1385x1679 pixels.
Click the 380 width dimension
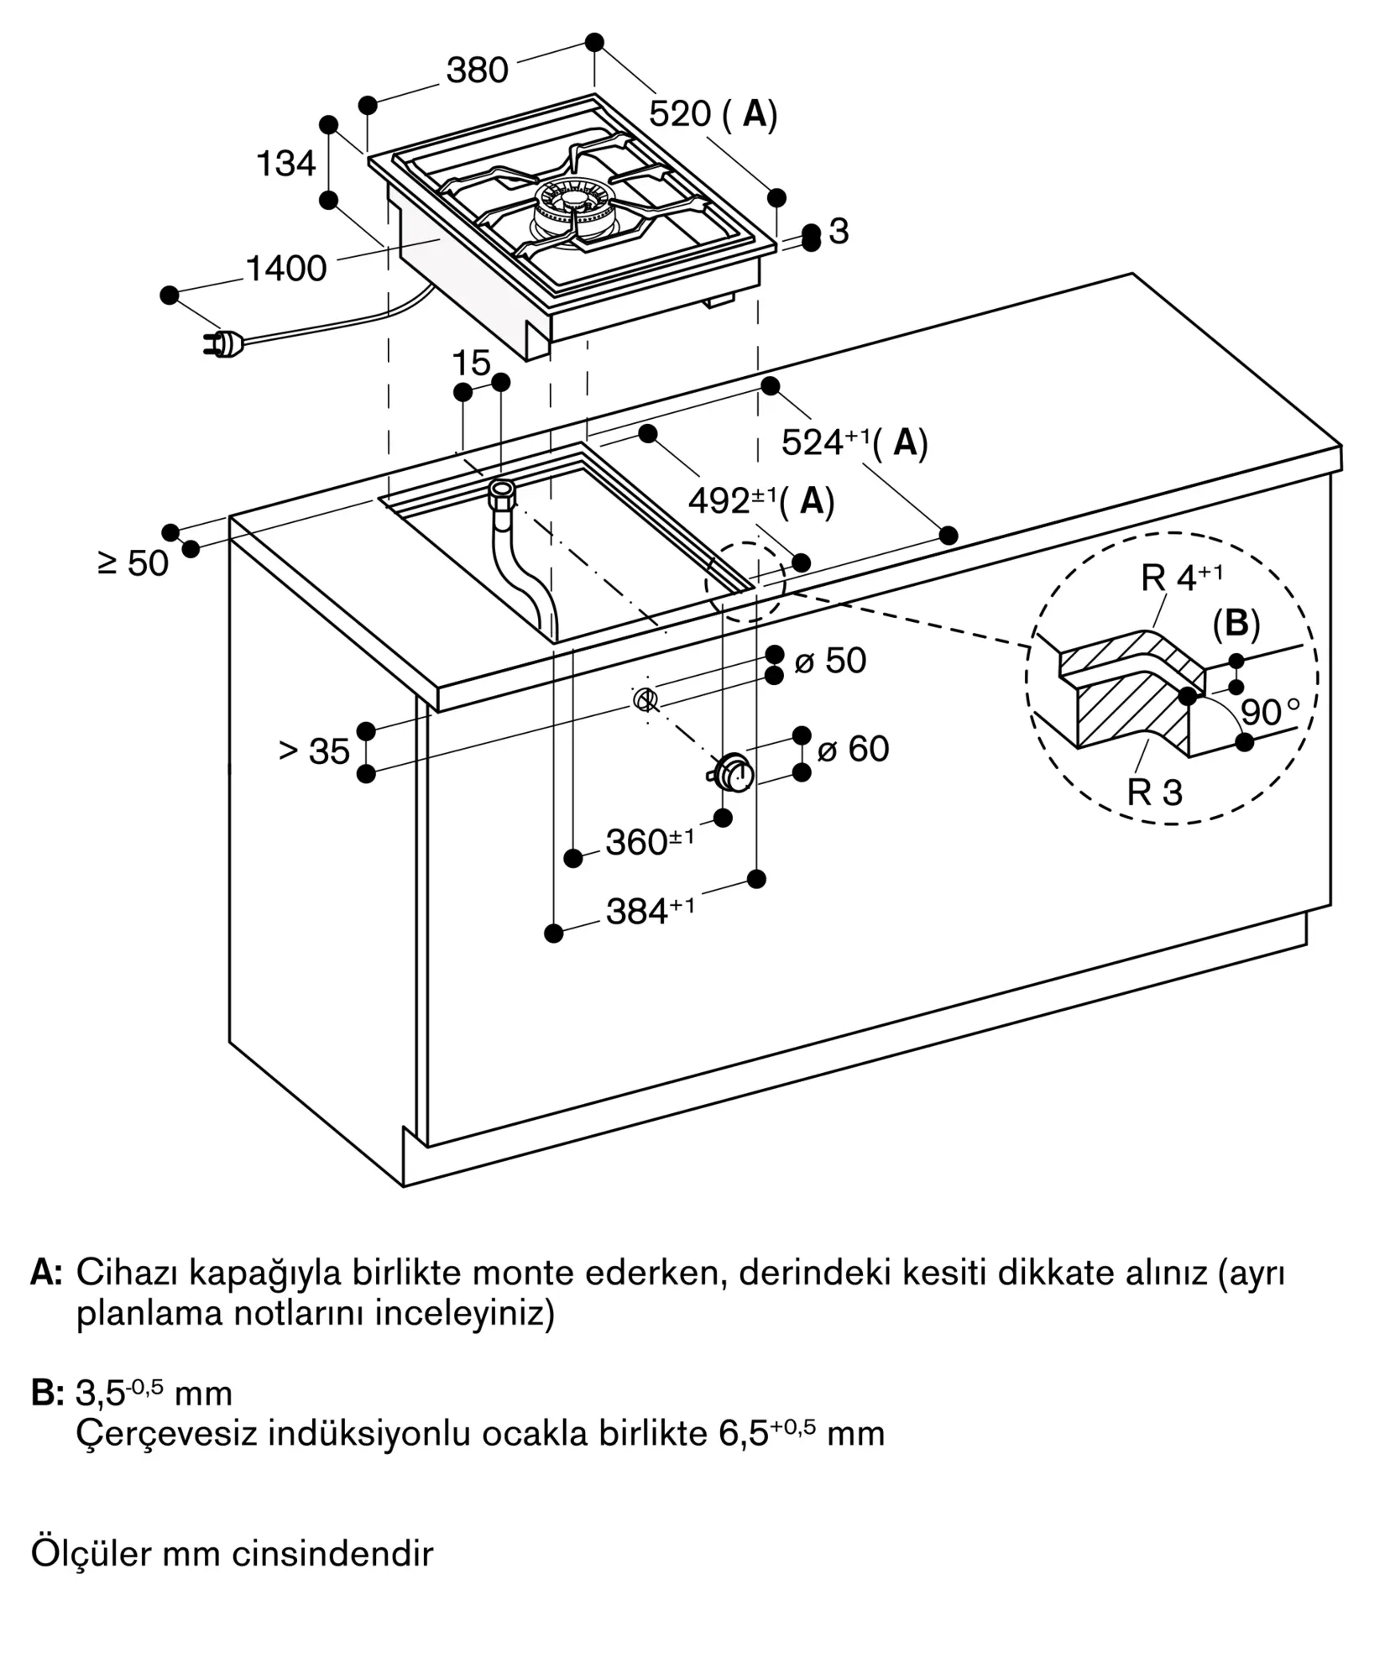[477, 71]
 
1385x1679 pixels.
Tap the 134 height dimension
[285, 164]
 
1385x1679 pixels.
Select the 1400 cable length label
[285, 269]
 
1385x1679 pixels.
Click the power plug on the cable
[222, 343]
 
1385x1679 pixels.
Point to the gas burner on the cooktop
[573, 210]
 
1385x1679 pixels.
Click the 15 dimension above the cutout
[471, 364]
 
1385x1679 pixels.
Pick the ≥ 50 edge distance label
[133, 563]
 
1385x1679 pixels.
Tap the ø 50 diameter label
[829, 661]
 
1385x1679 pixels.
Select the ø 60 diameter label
[853, 749]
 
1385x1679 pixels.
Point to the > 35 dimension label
[314, 751]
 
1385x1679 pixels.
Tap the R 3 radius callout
[1154, 792]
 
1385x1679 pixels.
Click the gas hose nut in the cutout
[502, 490]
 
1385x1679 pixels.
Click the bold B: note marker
[48, 1394]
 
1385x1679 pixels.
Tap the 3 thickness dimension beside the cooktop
[838, 232]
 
